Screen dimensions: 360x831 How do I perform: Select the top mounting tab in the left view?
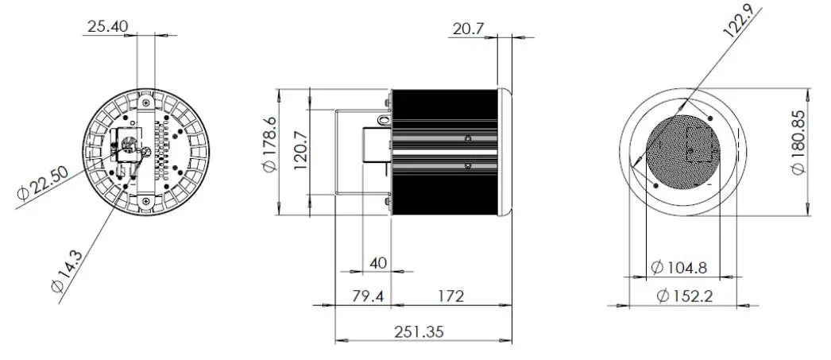pyautogui.click(x=146, y=100)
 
